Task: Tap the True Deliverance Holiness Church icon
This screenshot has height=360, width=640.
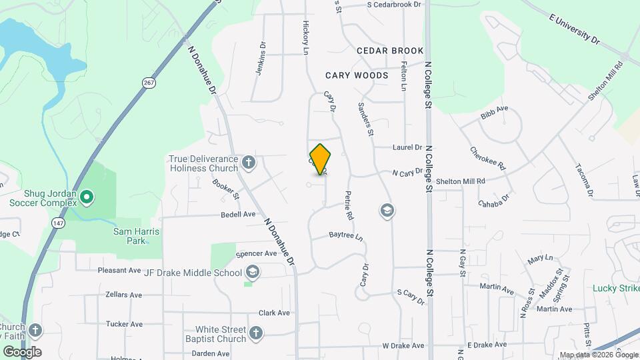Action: [248, 162]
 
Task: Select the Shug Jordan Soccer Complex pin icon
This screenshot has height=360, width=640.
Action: [87, 197]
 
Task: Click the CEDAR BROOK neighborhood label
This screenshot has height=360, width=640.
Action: [390, 51]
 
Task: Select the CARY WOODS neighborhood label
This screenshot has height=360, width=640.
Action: [357, 75]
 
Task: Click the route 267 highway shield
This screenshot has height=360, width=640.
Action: [149, 82]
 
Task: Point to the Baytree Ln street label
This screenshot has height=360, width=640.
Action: [346, 237]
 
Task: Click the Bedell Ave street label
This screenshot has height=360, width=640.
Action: [239, 215]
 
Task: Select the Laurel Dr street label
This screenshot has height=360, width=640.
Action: [407, 147]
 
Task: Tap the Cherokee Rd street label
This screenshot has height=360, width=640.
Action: [488, 159]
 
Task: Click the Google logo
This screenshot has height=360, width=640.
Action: [22, 351]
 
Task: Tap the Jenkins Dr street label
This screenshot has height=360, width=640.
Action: [261, 59]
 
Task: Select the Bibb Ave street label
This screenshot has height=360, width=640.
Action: [494, 111]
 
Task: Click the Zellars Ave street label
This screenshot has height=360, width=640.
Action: [124, 295]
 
